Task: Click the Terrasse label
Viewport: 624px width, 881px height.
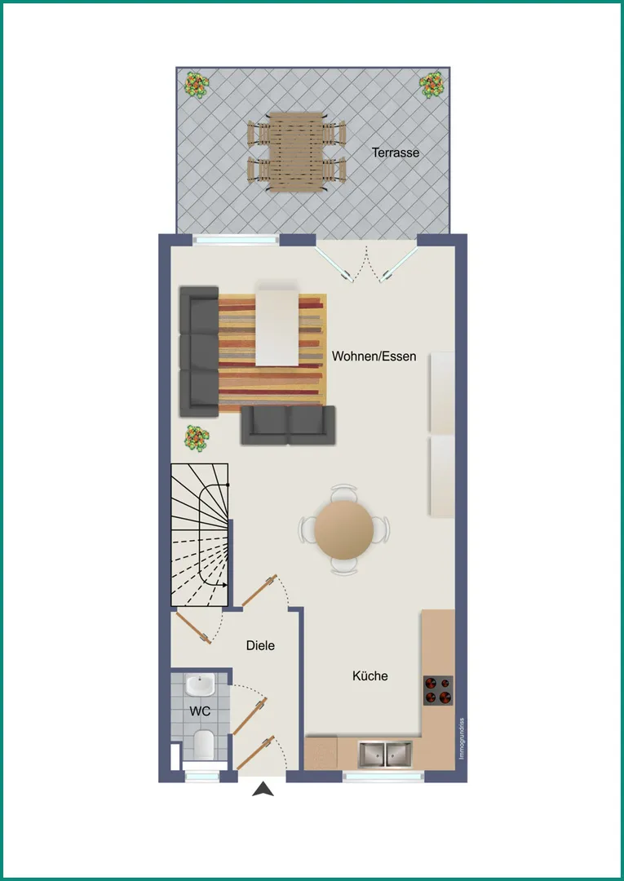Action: point(396,153)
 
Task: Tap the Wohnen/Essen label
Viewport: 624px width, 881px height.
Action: point(374,356)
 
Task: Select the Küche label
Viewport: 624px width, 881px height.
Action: point(370,676)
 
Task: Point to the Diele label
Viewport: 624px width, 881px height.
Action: point(260,645)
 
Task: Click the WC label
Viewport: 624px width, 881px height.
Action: point(200,711)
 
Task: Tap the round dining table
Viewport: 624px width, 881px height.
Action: point(343,529)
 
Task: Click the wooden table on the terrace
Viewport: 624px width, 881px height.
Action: point(296,152)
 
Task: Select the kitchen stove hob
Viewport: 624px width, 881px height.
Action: point(438,691)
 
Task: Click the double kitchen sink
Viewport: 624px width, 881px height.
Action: point(385,753)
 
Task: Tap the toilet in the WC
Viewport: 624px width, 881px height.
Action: point(203,745)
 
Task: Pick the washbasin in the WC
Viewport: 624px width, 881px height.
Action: point(200,684)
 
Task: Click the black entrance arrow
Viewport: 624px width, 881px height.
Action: point(263,790)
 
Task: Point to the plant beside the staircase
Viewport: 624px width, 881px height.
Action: point(197,438)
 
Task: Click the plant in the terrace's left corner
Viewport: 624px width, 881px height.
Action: point(197,85)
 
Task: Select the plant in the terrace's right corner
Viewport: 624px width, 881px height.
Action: point(431,85)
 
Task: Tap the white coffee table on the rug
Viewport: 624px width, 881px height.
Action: point(277,324)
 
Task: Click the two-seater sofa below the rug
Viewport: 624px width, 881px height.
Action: point(288,425)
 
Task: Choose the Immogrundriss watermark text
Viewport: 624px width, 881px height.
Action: point(462,739)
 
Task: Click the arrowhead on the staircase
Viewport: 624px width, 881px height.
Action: point(224,585)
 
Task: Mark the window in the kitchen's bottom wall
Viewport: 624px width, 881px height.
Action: point(383,777)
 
